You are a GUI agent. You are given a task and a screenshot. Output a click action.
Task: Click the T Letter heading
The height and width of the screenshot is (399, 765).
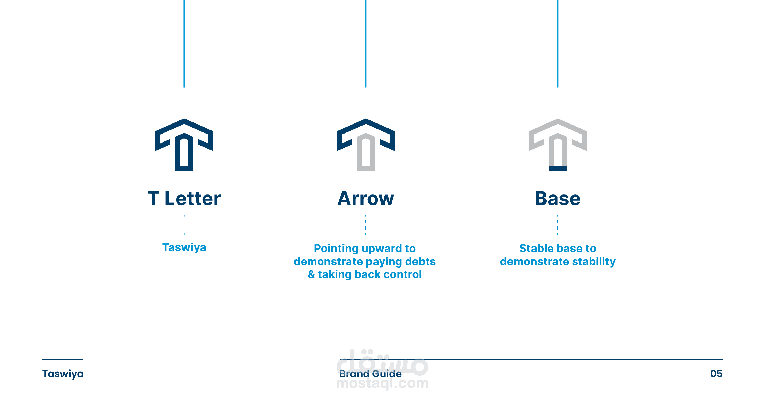(184, 198)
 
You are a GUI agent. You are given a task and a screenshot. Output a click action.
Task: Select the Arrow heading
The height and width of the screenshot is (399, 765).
(366, 198)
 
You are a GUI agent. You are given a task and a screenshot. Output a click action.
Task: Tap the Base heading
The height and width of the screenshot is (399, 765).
(557, 198)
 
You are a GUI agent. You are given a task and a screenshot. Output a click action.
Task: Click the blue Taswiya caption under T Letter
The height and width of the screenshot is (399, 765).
(184, 247)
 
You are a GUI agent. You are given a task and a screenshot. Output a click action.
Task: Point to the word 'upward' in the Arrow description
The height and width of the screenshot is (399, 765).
(377, 249)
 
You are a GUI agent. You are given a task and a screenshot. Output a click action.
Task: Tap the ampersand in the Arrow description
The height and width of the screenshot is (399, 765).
(311, 274)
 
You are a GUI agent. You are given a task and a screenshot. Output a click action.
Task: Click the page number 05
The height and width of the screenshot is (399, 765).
(716, 374)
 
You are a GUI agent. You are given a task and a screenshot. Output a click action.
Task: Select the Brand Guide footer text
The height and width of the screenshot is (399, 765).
(370, 374)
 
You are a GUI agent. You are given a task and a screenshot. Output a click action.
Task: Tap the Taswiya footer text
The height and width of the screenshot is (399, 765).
(63, 374)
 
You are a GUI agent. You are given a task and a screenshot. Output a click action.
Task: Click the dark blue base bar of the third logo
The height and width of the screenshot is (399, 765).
(558, 169)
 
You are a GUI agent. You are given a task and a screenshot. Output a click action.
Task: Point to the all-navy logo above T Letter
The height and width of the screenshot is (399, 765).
(184, 145)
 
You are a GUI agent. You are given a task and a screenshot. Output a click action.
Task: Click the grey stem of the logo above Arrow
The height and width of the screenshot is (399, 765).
(366, 152)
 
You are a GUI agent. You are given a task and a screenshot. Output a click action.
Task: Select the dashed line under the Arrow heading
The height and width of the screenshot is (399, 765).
(366, 225)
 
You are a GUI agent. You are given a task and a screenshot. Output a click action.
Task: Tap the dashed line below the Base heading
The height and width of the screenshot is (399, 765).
(558, 225)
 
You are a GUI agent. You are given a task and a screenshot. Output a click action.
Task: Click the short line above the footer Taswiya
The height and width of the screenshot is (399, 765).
(63, 359)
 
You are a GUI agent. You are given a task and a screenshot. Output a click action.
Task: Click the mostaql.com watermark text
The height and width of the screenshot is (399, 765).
(382, 383)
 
